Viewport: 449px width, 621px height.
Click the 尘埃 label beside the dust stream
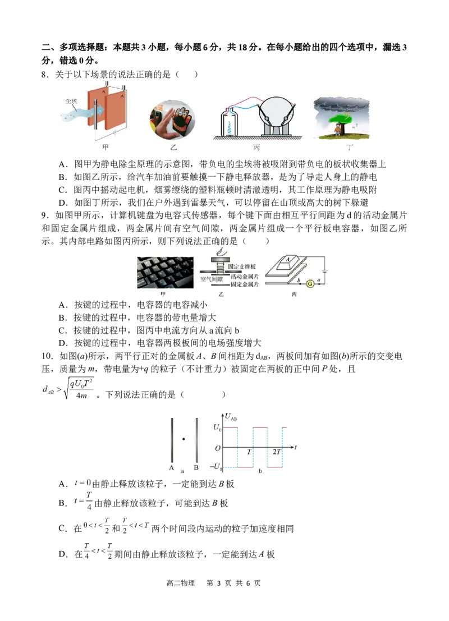point(71,102)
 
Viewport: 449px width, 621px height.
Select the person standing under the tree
point(337,130)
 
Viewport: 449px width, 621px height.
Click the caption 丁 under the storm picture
point(350,148)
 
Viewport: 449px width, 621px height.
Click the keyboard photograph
point(165,273)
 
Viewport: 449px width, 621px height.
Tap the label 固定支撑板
point(242,266)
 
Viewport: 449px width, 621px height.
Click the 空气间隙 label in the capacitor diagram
point(212,279)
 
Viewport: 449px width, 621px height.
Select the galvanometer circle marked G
point(310,283)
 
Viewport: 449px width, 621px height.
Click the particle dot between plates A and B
point(184,439)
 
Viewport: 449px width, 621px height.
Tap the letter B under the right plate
point(196,468)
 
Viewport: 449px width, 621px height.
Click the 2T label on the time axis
point(276,452)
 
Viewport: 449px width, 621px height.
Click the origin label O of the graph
point(218,448)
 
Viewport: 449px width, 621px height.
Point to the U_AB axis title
point(231,417)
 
